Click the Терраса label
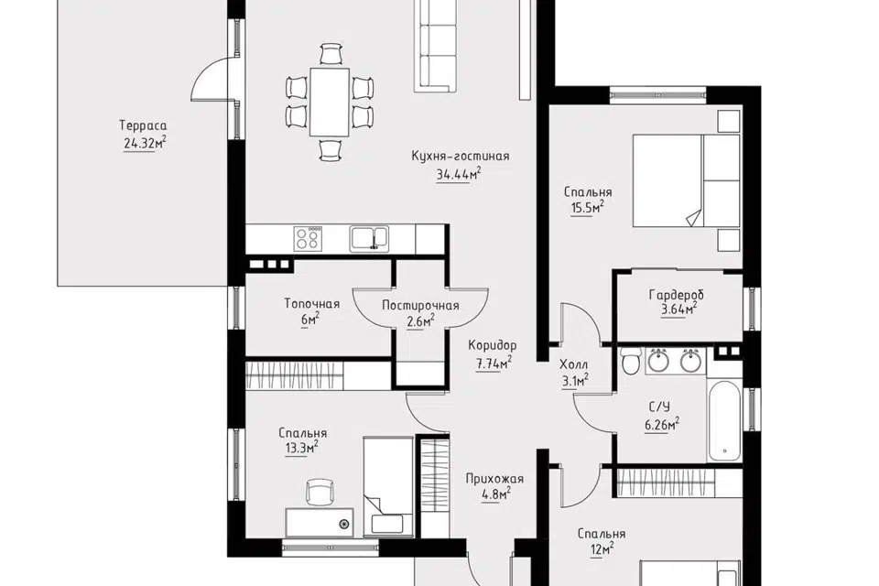[x=143, y=125]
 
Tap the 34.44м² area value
[x=459, y=174]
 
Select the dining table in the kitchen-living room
[x=330, y=102]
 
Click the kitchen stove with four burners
[x=308, y=239]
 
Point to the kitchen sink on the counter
[x=369, y=239]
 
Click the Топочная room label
[x=311, y=304]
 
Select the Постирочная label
[x=420, y=306]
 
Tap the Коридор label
[x=493, y=345]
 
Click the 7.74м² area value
[x=494, y=364]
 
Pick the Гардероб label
[x=676, y=295]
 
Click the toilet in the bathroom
[x=631, y=361]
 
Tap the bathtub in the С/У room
[x=724, y=421]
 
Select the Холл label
[x=574, y=365]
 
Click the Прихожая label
[x=494, y=479]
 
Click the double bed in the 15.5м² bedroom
[x=686, y=180]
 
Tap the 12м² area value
[x=601, y=549]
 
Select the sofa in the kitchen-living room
[x=436, y=45]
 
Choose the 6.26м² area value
[x=662, y=425]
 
